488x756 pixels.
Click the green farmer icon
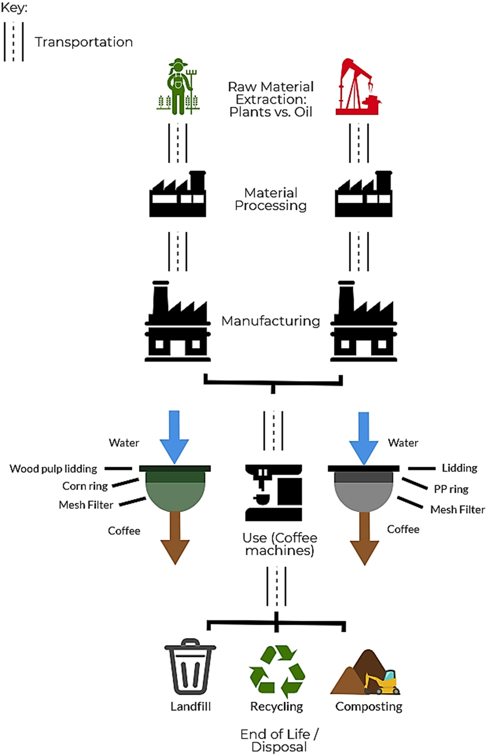point(177,87)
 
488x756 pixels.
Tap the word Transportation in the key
point(83,42)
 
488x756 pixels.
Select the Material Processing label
point(270,199)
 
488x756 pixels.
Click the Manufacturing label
point(270,321)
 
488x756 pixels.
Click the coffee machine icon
point(273,492)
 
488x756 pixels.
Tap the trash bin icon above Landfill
point(190,667)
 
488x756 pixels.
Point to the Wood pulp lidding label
point(53,469)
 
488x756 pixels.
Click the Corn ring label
point(85,486)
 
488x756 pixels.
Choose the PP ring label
point(451,489)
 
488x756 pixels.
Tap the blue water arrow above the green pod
point(174,435)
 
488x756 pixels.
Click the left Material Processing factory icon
point(178,194)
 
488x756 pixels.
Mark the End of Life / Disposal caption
point(279,740)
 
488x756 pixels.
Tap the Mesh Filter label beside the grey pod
point(457,509)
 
